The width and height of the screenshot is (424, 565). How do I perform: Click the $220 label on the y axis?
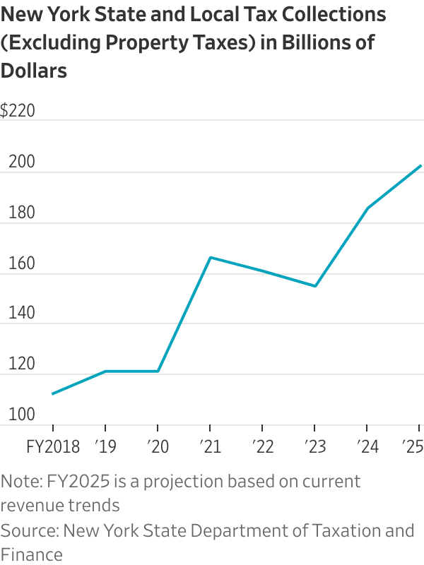pos(18,111)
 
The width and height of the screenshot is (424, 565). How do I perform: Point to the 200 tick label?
pos(20,162)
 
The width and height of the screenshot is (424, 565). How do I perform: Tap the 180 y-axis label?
pos(20,212)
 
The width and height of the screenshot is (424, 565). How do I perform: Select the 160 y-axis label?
pos(20,263)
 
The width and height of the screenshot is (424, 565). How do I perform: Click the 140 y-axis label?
pos(20,313)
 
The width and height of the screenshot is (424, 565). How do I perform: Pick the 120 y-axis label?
pos(20,364)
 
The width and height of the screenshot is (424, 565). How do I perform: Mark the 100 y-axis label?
pos(20,414)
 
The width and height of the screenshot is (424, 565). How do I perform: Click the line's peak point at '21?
pos(211,257)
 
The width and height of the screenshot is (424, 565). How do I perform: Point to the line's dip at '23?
pos(314,286)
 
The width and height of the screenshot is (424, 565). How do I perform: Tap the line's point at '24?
pos(367,208)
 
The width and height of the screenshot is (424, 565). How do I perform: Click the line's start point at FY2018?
pos(53,393)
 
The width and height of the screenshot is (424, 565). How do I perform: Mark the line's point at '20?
pos(158,371)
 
